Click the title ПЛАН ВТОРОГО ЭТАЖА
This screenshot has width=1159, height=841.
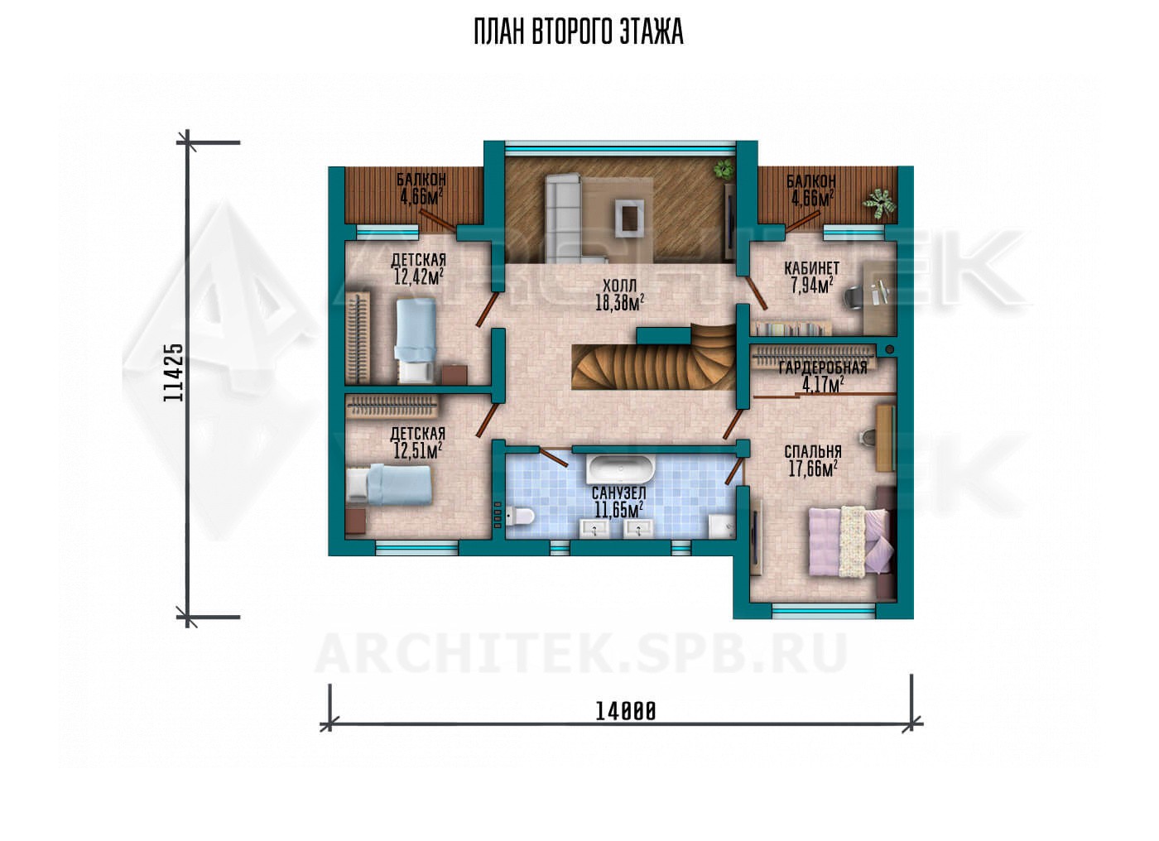579,32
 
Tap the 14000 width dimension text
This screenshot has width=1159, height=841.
625,711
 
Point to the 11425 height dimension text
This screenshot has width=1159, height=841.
173,372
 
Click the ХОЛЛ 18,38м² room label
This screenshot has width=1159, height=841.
619,295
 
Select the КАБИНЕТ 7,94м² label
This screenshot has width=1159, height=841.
811,277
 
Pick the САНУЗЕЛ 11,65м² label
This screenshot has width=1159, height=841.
619,502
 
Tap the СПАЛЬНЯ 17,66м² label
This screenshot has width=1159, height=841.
812,460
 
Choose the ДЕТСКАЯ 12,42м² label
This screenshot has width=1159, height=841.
418,268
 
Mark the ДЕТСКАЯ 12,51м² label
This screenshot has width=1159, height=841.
417,442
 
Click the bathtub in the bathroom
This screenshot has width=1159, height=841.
620,468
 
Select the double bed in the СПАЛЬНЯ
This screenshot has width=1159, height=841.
849,541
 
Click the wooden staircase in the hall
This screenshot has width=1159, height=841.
654,362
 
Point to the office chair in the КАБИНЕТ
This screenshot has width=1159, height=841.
854,298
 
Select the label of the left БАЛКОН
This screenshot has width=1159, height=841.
421,188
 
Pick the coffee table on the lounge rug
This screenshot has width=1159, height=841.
629,218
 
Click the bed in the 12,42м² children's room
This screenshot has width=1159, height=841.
415,340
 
